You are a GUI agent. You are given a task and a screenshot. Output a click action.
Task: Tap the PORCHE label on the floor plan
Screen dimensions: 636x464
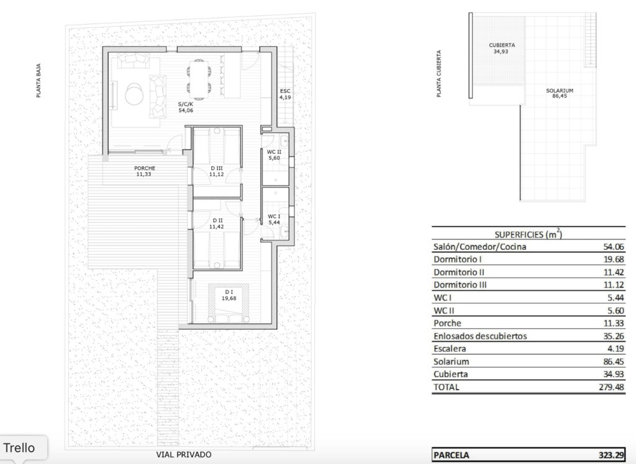pos(145,168)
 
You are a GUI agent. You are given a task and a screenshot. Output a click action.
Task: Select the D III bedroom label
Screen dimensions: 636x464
pos(217,168)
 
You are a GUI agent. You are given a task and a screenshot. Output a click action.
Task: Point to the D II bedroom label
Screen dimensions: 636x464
pos(218,220)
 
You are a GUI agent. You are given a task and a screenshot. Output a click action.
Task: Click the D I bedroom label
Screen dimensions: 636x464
pos(229,292)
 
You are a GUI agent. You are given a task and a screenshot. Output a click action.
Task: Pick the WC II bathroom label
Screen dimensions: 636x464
pos(274,152)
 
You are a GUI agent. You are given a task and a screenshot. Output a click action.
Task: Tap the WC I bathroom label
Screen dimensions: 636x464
pos(274,216)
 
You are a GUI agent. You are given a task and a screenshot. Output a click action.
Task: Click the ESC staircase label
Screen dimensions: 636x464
pos(285,91)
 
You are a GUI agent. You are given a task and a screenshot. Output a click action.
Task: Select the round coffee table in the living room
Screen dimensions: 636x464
pos(134,94)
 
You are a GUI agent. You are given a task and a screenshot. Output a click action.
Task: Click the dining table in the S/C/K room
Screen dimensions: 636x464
pos(199,79)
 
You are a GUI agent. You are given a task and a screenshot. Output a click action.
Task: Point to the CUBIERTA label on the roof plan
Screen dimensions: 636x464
pos(502,45)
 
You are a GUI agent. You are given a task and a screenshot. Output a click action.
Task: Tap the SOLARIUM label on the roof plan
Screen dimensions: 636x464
pos(560,91)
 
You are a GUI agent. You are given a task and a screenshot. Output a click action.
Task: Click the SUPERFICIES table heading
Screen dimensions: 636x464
pos(528,234)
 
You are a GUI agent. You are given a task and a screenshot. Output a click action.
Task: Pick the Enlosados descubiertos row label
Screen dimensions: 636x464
pos(480,336)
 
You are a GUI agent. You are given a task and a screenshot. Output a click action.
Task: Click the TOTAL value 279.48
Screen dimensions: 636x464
pos(612,387)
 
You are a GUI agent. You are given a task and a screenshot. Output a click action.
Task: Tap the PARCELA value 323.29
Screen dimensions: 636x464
pos(611,455)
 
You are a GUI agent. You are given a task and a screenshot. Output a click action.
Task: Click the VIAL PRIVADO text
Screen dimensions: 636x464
pos(184,455)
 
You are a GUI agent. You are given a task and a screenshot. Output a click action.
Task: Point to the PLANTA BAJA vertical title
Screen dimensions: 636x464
pos(39,80)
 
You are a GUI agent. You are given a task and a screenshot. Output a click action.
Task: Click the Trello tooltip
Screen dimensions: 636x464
pos(19,448)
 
